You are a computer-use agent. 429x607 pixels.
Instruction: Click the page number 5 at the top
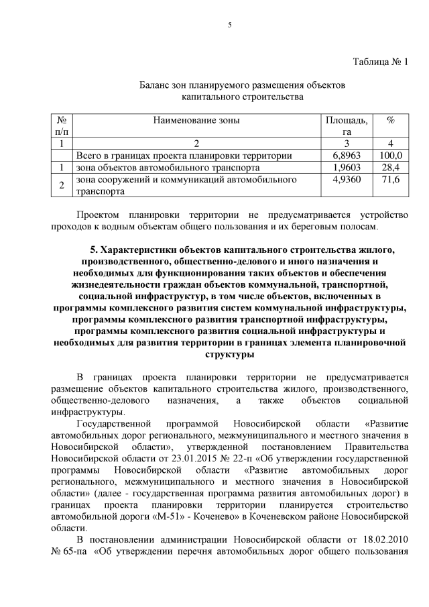[x=229, y=25]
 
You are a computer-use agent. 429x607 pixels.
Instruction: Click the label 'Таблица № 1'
[x=380, y=62]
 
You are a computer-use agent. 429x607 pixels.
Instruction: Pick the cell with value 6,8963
[x=347, y=155]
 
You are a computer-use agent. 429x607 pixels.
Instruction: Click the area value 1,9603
[x=347, y=167]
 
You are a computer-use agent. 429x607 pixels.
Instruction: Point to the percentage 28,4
[x=391, y=167]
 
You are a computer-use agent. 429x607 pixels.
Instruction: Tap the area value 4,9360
[x=347, y=180]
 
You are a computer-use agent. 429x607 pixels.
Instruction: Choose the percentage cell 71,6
[x=391, y=180]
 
